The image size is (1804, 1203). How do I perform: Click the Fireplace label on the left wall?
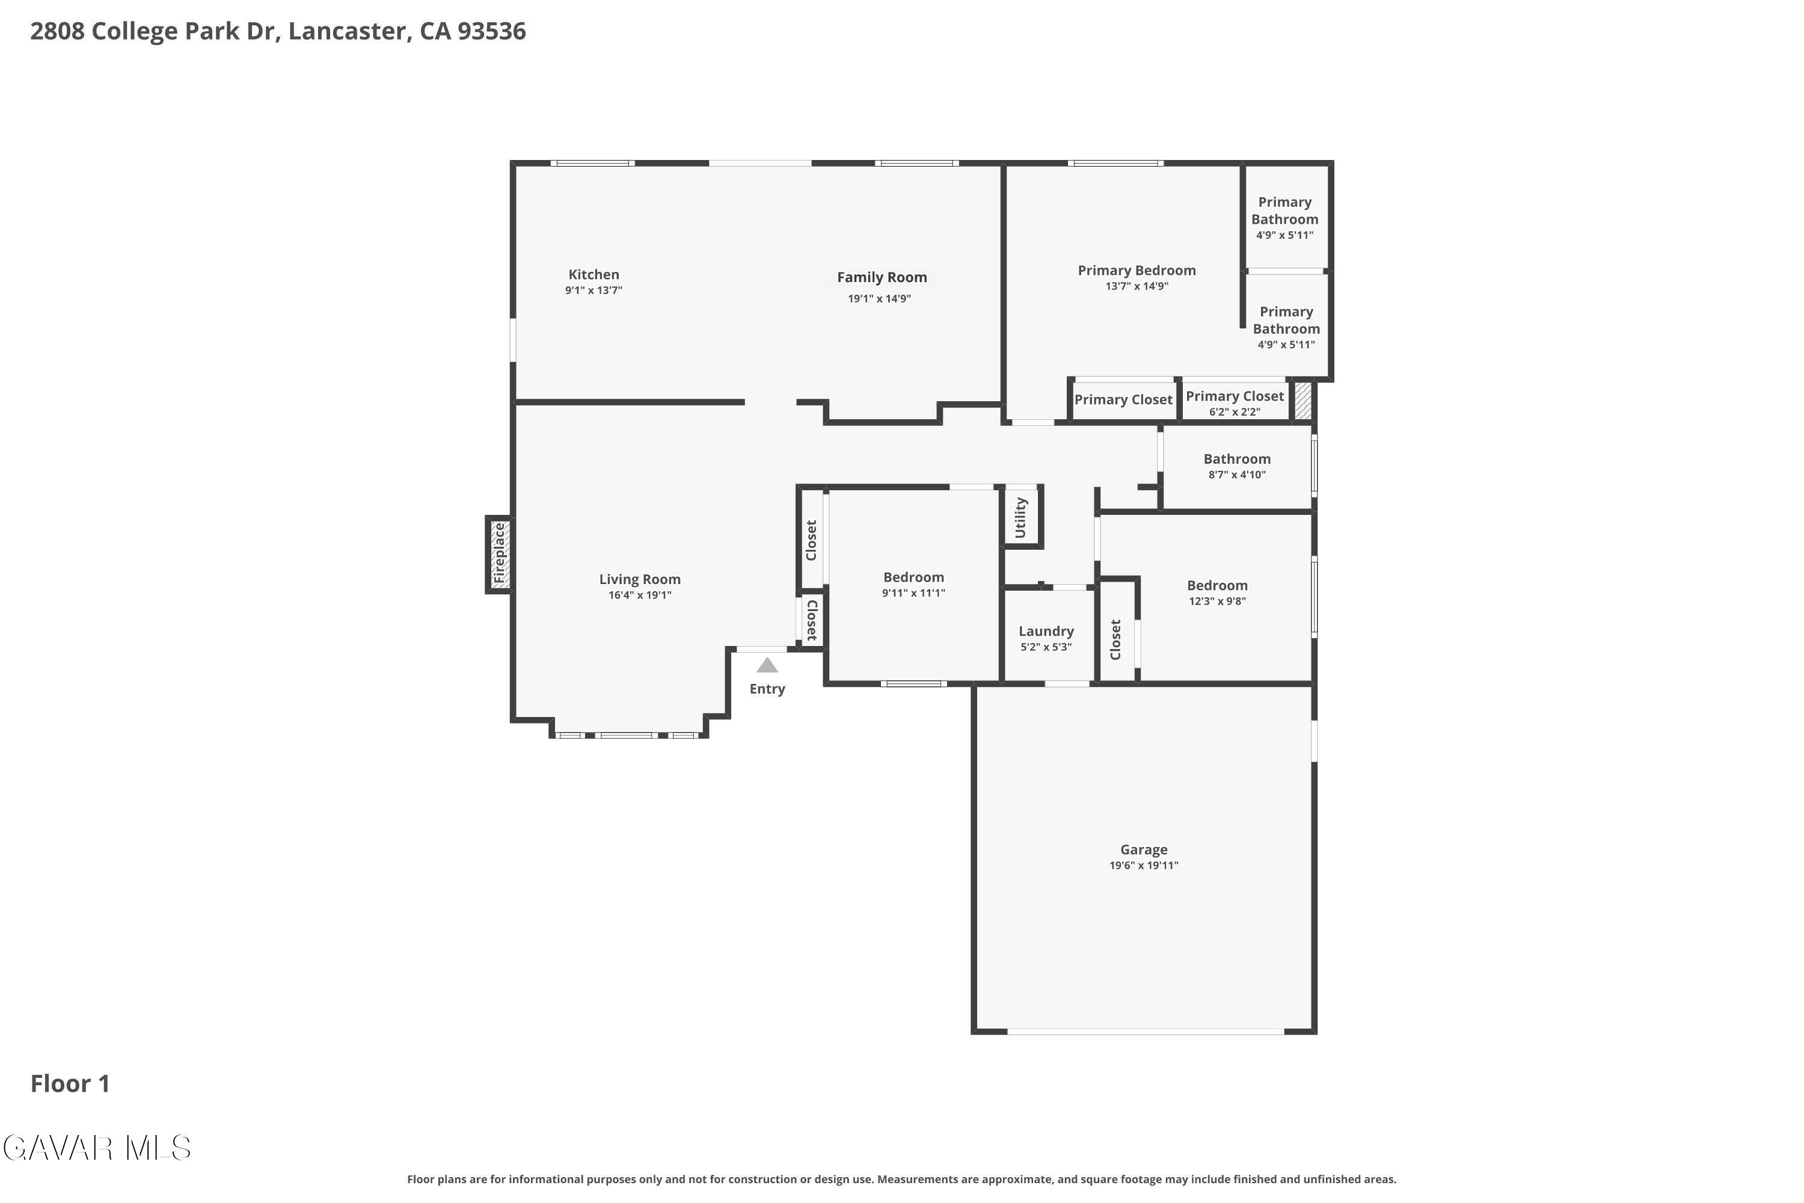(499, 553)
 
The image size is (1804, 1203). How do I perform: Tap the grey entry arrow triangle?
(767, 665)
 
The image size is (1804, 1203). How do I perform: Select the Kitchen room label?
(594, 274)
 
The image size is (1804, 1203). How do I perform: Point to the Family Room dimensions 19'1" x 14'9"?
(879, 298)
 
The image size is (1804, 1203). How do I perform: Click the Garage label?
(1144, 849)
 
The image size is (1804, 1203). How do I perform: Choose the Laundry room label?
(1046, 630)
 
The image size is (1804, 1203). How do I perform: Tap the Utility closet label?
(1020, 518)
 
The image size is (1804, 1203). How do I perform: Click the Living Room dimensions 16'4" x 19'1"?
(640, 595)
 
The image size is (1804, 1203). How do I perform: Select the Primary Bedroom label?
(1137, 270)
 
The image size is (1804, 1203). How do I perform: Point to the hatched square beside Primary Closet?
(1302, 401)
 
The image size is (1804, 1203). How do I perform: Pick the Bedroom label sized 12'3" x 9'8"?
(1217, 585)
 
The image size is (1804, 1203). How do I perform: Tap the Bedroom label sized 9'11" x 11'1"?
(913, 577)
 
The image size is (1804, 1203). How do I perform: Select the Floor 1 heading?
(70, 1083)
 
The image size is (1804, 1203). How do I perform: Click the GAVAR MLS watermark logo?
(97, 1148)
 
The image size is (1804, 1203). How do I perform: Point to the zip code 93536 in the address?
(492, 31)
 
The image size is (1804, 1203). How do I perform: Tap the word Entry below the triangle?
(767, 689)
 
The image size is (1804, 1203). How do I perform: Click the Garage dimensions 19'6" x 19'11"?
(1144, 866)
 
